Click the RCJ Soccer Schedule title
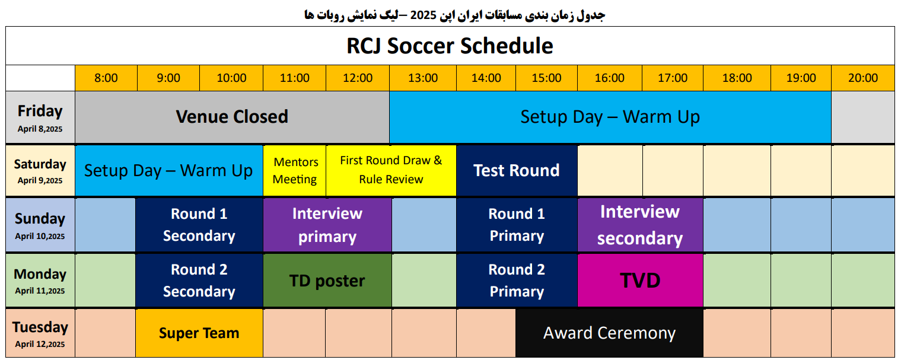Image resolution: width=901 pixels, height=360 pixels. pyautogui.click(x=450, y=46)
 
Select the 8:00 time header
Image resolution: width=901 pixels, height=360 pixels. pyautogui.click(x=106, y=78)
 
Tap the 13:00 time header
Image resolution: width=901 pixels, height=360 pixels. pyautogui.click(x=423, y=78)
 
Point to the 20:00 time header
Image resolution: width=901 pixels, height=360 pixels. pyautogui.click(x=863, y=78)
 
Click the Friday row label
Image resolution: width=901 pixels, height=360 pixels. pyautogui.click(x=40, y=117)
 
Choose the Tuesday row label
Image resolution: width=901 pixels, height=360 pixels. pyautogui.click(x=40, y=333)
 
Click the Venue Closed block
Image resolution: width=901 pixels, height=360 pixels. pyautogui.click(x=232, y=117)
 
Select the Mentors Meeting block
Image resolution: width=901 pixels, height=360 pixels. pyautogui.click(x=295, y=171)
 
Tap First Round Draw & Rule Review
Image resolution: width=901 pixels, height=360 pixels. pyautogui.click(x=391, y=171)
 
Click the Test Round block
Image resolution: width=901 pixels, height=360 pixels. pyautogui.click(x=517, y=171)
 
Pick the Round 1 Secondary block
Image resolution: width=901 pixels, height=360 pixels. pyautogui.click(x=199, y=225)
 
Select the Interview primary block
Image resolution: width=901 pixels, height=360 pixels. pyautogui.click(x=327, y=225)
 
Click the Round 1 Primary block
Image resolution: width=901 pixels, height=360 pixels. pyautogui.click(x=517, y=225)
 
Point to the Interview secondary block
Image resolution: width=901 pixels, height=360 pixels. pyautogui.click(x=640, y=225)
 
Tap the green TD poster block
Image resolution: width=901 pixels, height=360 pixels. pyautogui.click(x=327, y=281)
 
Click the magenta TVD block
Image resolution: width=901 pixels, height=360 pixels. pyautogui.click(x=640, y=281)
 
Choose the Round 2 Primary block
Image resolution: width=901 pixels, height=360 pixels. pyautogui.click(x=517, y=281)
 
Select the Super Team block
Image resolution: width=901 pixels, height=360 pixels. pyautogui.click(x=199, y=333)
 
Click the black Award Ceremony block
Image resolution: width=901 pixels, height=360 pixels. pyautogui.click(x=609, y=333)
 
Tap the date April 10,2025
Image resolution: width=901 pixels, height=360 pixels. pyautogui.click(x=40, y=236)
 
